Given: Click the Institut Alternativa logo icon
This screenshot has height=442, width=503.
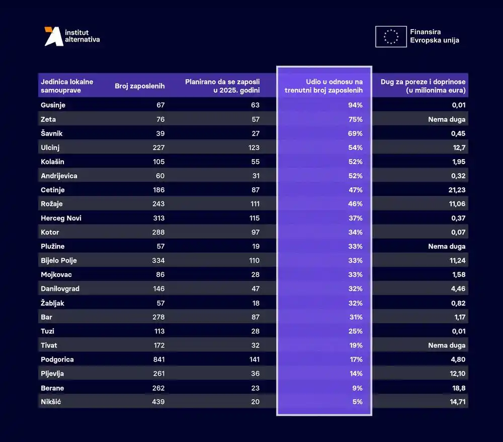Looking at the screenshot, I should (54, 36).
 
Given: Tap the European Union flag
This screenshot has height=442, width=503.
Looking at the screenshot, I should (391, 37).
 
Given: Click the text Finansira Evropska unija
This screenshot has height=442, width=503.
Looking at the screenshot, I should (434, 36).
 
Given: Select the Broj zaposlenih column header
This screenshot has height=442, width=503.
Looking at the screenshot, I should (139, 86).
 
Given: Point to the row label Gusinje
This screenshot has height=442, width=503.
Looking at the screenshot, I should (53, 105).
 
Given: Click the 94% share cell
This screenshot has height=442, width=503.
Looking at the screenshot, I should (355, 105).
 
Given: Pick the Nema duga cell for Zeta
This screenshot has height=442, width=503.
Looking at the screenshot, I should (447, 120).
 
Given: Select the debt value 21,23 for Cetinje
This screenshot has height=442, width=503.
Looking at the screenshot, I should (456, 190).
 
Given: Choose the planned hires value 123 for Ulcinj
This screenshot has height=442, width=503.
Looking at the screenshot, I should (254, 148).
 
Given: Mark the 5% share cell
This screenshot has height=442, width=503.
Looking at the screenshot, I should (358, 402).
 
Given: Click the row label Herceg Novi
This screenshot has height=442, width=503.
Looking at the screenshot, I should (61, 218).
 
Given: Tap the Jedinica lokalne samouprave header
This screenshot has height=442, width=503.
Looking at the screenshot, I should (66, 86).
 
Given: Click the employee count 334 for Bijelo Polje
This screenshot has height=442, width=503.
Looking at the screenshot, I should (158, 261).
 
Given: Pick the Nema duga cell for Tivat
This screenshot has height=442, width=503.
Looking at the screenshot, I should (447, 346).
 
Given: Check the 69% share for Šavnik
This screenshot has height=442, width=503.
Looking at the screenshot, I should (355, 134).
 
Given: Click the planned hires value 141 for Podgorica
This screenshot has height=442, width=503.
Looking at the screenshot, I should (254, 360).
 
